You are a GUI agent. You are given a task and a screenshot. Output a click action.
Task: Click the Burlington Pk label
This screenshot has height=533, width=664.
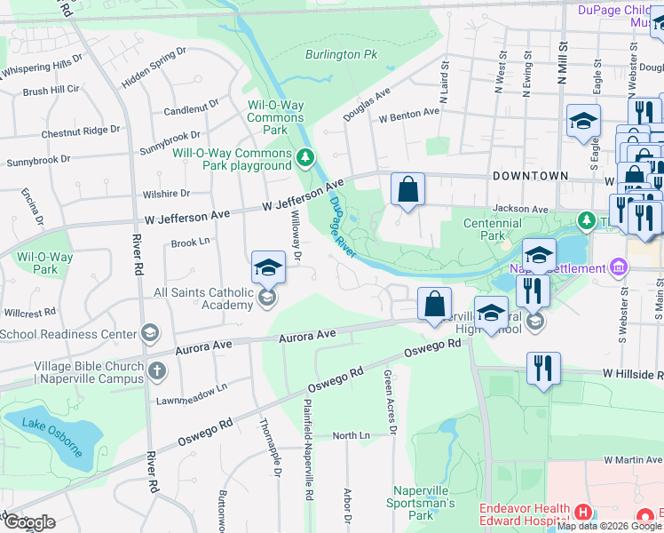(x=342, y=54)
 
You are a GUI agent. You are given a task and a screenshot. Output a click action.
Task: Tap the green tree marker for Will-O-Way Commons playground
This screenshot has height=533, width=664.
(x=305, y=158)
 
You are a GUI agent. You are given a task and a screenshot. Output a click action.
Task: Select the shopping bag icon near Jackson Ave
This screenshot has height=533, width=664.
(x=407, y=189)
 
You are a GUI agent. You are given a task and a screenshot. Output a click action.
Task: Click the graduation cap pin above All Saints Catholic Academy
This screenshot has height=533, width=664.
(x=268, y=266)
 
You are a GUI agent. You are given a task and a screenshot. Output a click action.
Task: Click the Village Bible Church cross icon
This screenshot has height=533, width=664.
(x=156, y=370)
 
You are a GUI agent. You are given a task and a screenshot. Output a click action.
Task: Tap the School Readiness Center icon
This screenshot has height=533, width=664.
(x=150, y=334)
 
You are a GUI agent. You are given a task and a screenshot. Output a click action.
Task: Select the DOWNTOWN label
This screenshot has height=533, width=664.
(x=530, y=176)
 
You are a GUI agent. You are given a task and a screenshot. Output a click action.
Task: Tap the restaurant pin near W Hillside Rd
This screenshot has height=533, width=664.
(x=542, y=369)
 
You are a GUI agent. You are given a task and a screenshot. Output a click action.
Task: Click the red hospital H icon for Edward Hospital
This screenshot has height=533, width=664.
(x=582, y=512)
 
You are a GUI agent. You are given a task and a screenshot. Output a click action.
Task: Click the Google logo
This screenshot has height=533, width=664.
(x=28, y=522)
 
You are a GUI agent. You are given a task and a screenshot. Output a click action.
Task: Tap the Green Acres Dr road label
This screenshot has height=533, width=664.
(x=388, y=397)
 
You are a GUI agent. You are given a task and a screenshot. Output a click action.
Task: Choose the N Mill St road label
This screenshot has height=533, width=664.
(x=562, y=62)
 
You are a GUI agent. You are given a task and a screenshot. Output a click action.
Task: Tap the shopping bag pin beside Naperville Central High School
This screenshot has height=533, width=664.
(x=434, y=304)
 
